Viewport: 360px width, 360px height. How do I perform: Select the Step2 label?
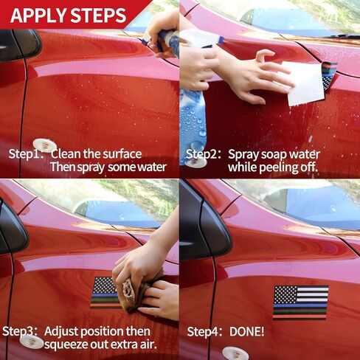point(204,154)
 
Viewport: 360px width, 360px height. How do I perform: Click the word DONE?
point(246,332)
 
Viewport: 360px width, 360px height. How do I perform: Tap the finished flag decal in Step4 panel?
point(301,302)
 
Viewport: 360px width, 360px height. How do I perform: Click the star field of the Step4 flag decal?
point(285,294)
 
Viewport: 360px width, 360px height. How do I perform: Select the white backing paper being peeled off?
point(303,83)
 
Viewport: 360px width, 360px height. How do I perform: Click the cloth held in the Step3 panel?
point(139,293)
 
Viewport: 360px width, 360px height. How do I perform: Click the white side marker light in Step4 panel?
point(232,353)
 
